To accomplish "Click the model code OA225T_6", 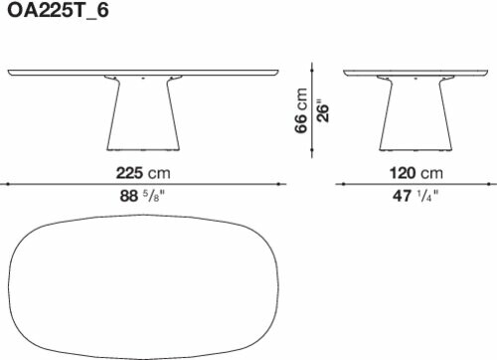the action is pyautogui.click(x=58, y=11).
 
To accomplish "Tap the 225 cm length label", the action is pyautogui.click(x=143, y=173).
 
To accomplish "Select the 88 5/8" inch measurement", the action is pyautogui.click(x=142, y=196).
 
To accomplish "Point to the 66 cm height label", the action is pyautogui.click(x=301, y=110).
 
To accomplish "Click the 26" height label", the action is pyautogui.click(x=323, y=110).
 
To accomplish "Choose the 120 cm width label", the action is pyautogui.click(x=416, y=173).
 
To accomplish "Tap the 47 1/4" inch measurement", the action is pyautogui.click(x=415, y=196).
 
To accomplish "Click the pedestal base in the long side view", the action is pyautogui.click(x=143, y=113).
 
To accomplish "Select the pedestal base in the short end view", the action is pyautogui.click(x=415, y=113).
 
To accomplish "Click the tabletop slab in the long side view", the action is pyautogui.click(x=143, y=73).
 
